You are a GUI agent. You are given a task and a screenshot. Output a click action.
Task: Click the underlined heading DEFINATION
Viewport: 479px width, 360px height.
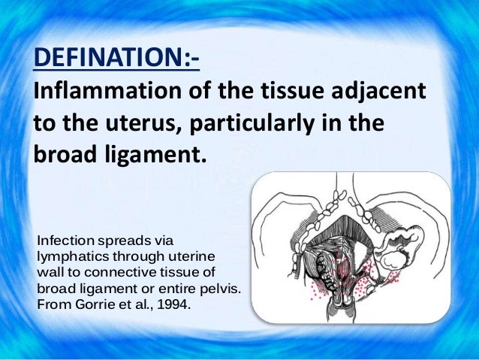click(x=116, y=57)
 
